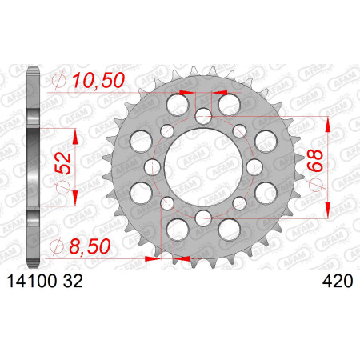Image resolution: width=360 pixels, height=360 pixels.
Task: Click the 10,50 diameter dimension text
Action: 98,81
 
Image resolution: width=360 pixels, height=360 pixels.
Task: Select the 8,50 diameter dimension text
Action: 90,246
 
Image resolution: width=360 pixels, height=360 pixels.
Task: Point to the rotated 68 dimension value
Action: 314,161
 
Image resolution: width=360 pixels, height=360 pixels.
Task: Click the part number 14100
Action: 32,282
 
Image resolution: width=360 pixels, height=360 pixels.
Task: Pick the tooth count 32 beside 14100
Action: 73,282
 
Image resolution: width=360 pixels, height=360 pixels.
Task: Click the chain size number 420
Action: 338,282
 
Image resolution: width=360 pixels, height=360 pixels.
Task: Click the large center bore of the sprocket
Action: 203,167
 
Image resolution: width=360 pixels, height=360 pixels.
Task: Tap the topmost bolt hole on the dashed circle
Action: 203,116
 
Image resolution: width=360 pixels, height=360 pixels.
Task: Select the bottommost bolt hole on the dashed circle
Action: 203,218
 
